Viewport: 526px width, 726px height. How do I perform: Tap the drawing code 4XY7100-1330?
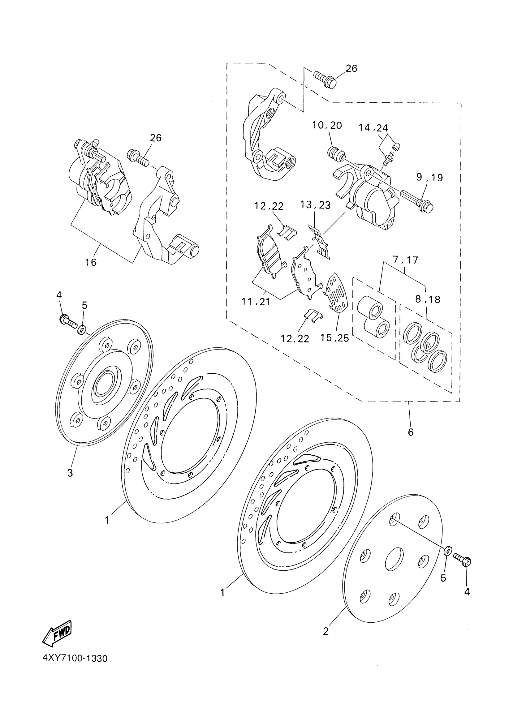75,659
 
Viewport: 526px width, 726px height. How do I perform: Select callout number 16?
91,263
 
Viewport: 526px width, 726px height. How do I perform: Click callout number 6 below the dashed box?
411,432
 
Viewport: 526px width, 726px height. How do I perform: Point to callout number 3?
70,472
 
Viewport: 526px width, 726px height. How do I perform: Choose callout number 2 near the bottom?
326,632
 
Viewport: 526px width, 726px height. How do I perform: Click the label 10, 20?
327,126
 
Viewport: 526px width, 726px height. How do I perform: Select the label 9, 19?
430,177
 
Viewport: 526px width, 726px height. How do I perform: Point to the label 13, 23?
315,205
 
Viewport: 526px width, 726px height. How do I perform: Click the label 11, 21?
256,302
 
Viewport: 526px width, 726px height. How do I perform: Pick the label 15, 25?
334,338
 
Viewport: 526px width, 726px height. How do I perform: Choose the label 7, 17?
405,260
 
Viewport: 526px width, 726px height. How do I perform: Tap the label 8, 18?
428,299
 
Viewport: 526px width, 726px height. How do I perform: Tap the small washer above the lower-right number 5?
448,551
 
